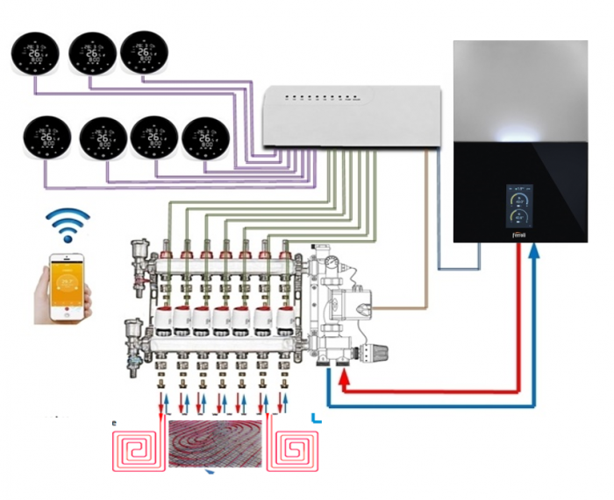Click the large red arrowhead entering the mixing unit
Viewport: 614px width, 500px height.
(x=345, y=378)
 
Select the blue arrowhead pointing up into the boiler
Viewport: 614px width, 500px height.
(x=535, y=251)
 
